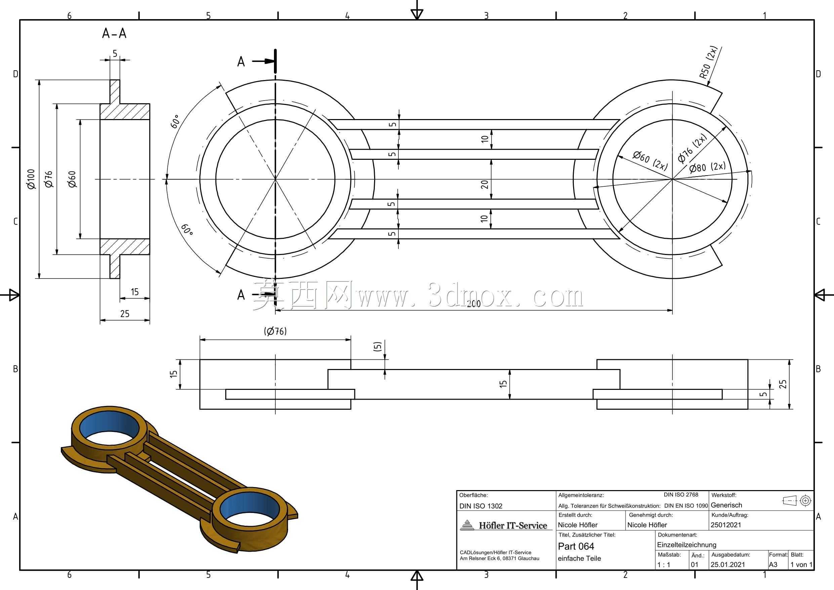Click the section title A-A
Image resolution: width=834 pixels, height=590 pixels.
coord(114,33)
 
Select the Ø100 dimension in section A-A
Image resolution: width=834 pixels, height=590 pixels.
coord(31,179)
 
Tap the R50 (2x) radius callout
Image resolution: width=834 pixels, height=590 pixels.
coord(709,67)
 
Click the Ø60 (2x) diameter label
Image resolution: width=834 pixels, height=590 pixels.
coord(650,160)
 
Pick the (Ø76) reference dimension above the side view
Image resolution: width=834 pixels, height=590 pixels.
coord(275,331)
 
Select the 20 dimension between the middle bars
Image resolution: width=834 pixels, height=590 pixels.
coord(484,184)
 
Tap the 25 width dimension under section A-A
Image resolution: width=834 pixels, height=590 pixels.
coord(125,314)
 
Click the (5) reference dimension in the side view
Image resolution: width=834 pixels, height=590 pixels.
coord(377,347)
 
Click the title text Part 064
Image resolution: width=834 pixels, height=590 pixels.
coord(576,546)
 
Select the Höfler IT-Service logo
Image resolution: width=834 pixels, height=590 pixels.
coord(505,525)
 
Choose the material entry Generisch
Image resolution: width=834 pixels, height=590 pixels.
coord(726,505)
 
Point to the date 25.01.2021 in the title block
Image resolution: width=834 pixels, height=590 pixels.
coord(728,564)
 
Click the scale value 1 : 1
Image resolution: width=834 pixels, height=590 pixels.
coord(664,564)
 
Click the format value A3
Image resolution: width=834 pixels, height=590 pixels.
coord(773,564)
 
